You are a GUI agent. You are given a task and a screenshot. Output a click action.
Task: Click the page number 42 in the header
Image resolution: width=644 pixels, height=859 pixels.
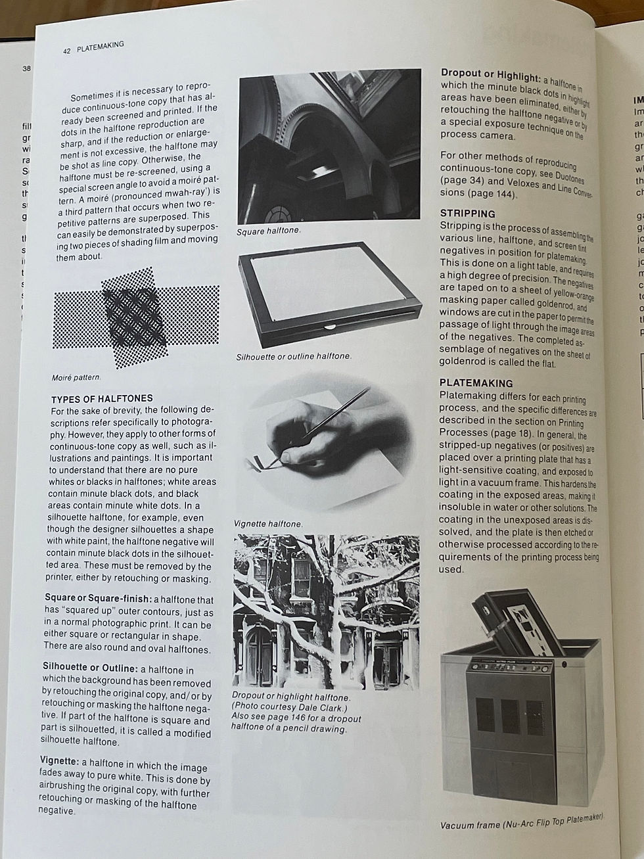click(x=67, y=50)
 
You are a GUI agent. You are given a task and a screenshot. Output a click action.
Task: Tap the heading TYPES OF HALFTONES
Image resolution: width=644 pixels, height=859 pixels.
click(x=102, y=398)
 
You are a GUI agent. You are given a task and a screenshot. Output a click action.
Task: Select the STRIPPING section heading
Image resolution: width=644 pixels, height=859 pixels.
click(x=467, y=214)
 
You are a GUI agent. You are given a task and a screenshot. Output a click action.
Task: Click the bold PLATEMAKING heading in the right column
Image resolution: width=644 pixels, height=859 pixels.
click(x=476, y=383)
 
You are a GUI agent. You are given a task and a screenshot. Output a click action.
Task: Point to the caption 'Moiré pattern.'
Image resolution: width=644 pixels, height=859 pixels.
click(x=76, y=378)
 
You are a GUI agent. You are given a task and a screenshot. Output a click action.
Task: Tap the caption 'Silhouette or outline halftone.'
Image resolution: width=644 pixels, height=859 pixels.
click(x=293, y=356)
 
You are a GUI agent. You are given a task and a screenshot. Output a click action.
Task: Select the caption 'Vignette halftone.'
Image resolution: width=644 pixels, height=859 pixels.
click(x=267, y=524)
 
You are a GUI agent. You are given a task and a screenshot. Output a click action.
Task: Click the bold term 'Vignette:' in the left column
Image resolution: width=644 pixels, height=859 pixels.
click(x=59, y=760)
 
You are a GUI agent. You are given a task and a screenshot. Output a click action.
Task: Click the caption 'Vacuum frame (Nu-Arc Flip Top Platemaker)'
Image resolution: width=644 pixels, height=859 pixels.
click(x=521, y=821)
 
